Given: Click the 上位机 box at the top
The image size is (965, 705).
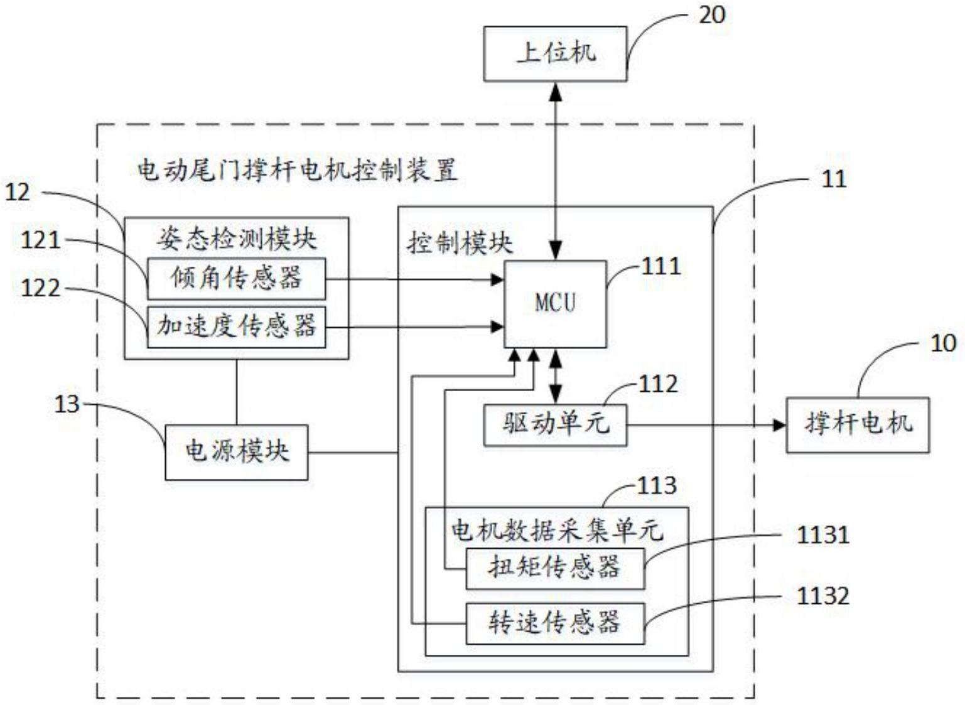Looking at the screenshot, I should [555, 53].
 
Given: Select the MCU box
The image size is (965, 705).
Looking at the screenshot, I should [555, 303].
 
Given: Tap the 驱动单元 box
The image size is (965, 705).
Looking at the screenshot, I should [555, 425].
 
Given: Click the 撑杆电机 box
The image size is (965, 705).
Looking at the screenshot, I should [858, 424].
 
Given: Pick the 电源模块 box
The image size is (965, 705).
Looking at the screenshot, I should [236, 452].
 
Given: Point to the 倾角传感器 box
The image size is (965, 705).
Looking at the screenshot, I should [236, 278].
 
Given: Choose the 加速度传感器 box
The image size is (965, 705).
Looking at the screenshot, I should [236, 326].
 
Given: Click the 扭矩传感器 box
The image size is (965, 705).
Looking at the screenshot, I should [555, 568].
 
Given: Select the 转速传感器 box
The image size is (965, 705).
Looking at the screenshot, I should [555, 623].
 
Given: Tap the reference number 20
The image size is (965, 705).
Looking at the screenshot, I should [712, 15].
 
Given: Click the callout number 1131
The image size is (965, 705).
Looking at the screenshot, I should [822, 535].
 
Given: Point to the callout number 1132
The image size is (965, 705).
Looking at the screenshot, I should [822, 595].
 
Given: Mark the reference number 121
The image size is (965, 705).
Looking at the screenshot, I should [41, 240].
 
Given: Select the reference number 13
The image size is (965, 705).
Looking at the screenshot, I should [67, 404].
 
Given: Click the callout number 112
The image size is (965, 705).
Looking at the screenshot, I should [658, 384].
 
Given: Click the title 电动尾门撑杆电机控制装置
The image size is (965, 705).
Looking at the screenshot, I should [297, 170].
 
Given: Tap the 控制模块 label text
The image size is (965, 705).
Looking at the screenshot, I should [460, 243].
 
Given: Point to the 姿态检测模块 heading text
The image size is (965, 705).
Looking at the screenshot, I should [236, 239].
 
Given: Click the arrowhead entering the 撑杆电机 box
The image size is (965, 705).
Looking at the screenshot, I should [779, 425].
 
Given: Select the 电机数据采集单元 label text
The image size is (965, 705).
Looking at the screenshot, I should [556, 530].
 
